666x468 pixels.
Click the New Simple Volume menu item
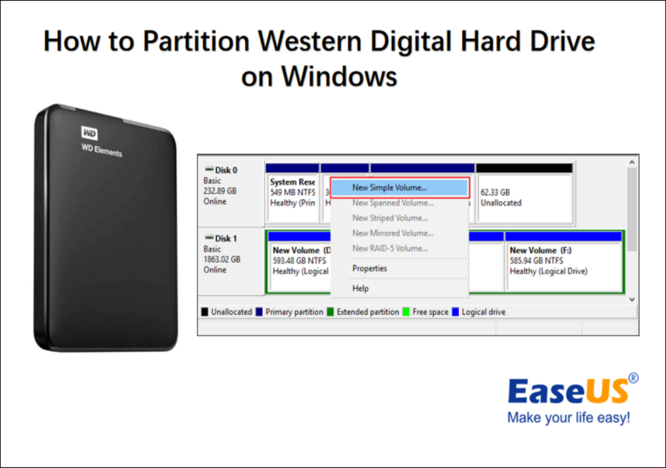point(390,188)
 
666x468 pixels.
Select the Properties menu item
point(369,268)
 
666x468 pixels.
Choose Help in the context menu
point(360,288)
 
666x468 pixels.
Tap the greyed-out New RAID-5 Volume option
point(390,248)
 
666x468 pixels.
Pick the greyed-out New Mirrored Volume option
point(392,233)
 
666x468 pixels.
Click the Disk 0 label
point(226,170)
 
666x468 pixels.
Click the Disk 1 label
point(226,238)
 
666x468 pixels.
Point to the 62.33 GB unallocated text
point(495,192)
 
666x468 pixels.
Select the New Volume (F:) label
point(541,250)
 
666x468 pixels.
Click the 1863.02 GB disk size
point(222,259)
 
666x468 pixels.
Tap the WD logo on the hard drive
point(89,133)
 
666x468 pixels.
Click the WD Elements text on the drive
point(101,149)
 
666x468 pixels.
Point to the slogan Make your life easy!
point(568,418)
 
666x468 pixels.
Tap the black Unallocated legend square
point(205,312)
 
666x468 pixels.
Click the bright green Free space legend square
point(406,312)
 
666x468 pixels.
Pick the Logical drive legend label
point(483,312)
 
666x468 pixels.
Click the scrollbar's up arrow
point(632,162)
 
